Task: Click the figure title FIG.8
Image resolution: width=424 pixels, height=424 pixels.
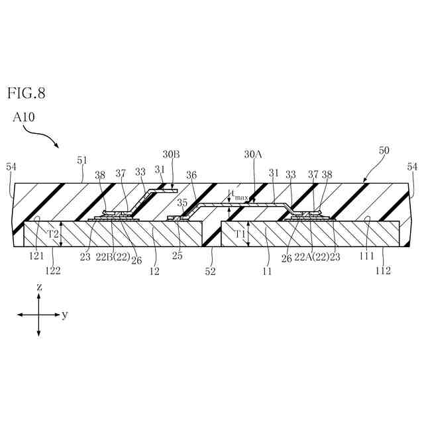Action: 26,93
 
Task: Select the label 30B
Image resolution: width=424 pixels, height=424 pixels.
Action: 170,154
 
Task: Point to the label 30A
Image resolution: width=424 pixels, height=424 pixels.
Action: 253,154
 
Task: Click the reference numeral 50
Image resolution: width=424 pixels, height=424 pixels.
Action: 384,151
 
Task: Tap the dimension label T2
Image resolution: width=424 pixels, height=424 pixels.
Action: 53,234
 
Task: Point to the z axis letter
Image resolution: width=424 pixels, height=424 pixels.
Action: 39,288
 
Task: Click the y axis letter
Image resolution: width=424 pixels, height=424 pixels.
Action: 65,315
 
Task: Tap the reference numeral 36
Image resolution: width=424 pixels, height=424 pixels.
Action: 191,175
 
